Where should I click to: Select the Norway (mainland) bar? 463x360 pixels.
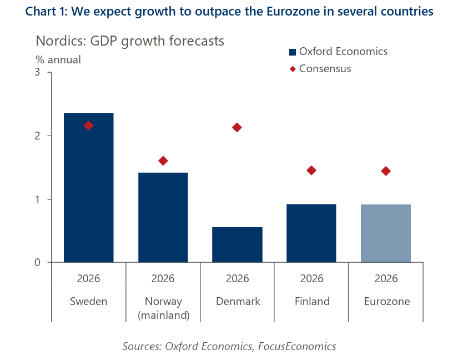[163, 217]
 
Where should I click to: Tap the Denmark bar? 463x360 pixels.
[237, 244]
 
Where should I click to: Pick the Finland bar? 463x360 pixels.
[311, 233]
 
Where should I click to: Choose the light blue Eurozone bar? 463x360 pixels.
[385, 233]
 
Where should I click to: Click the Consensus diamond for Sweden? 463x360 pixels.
[89, 126]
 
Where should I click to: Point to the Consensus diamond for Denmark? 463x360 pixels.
[237, 127]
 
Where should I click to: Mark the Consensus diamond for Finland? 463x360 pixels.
[311, 170]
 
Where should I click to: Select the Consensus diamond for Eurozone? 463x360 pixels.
[385, 171]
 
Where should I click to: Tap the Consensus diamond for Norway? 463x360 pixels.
[163, 161]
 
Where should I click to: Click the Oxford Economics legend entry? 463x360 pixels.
[338, 52]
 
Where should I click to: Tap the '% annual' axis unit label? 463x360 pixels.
[58, 60]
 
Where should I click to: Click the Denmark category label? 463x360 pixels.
[237, 302]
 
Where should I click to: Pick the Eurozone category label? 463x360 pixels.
[386, 302]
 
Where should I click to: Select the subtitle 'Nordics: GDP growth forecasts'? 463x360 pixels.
[130, 41]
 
